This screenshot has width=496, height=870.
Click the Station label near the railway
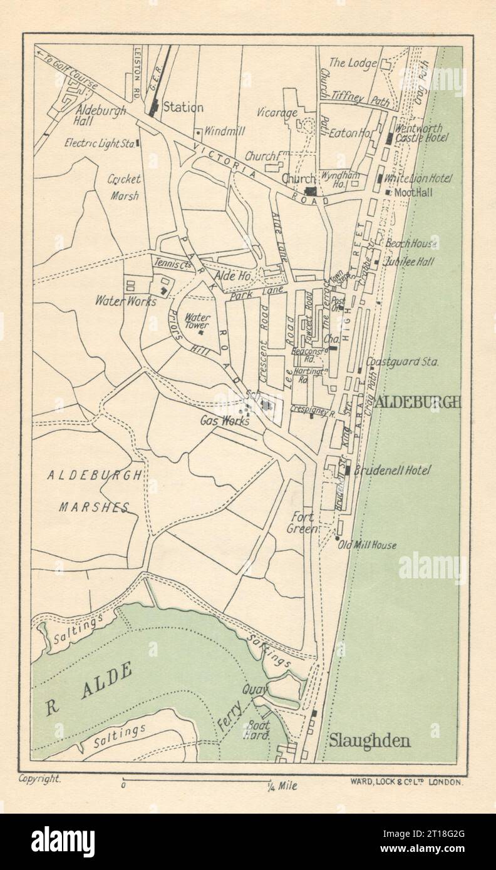click(x=183, y=108)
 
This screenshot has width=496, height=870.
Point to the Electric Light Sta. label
click(x=100, y=143)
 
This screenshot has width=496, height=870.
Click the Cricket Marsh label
click(x=124, y=187)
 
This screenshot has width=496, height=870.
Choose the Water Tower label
click(x=197, y=321)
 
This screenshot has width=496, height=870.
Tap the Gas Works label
click(x=224, y=421)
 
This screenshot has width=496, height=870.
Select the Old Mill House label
click(x=367, y=545)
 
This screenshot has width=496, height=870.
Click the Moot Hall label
click(x=413, y=193)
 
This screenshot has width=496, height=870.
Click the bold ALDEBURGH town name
click(x=417, y=402)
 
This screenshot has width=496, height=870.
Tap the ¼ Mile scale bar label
click(x=283, y=786)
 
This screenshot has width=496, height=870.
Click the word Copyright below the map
click(x=39, y=779)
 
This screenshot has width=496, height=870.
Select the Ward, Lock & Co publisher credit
click(x=405, y=782)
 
